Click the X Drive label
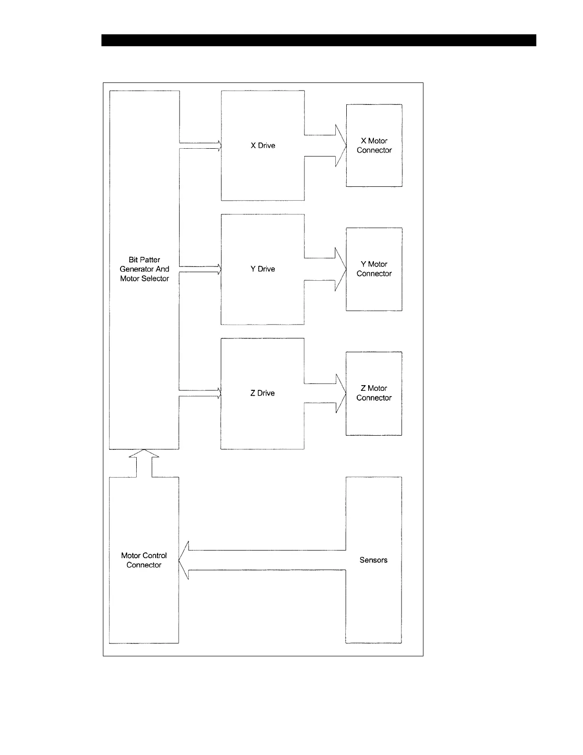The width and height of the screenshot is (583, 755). coord(263,146)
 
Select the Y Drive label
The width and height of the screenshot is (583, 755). coord(263,269)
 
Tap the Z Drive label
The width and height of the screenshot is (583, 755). coord(262,393)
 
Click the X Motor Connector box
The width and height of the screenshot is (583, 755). coord(374,145)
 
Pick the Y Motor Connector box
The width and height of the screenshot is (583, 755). coord(374,269)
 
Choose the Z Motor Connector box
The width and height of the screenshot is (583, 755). coord(374,393)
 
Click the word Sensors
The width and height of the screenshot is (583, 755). coord(373,560)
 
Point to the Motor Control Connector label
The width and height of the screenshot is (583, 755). coord(144,560)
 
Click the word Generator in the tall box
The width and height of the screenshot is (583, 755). coord(136,269)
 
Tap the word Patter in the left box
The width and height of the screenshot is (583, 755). coord(151,260)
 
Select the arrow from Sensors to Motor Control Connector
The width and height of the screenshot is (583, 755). coord(262,560)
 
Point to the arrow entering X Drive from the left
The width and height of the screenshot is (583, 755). coord(200,145)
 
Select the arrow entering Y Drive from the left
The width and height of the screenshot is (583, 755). coord(200,269)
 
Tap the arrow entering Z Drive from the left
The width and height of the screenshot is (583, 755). coord(200,393)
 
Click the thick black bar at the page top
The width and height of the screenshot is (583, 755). coord(318,40)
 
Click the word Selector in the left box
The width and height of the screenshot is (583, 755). coord(156,279)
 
